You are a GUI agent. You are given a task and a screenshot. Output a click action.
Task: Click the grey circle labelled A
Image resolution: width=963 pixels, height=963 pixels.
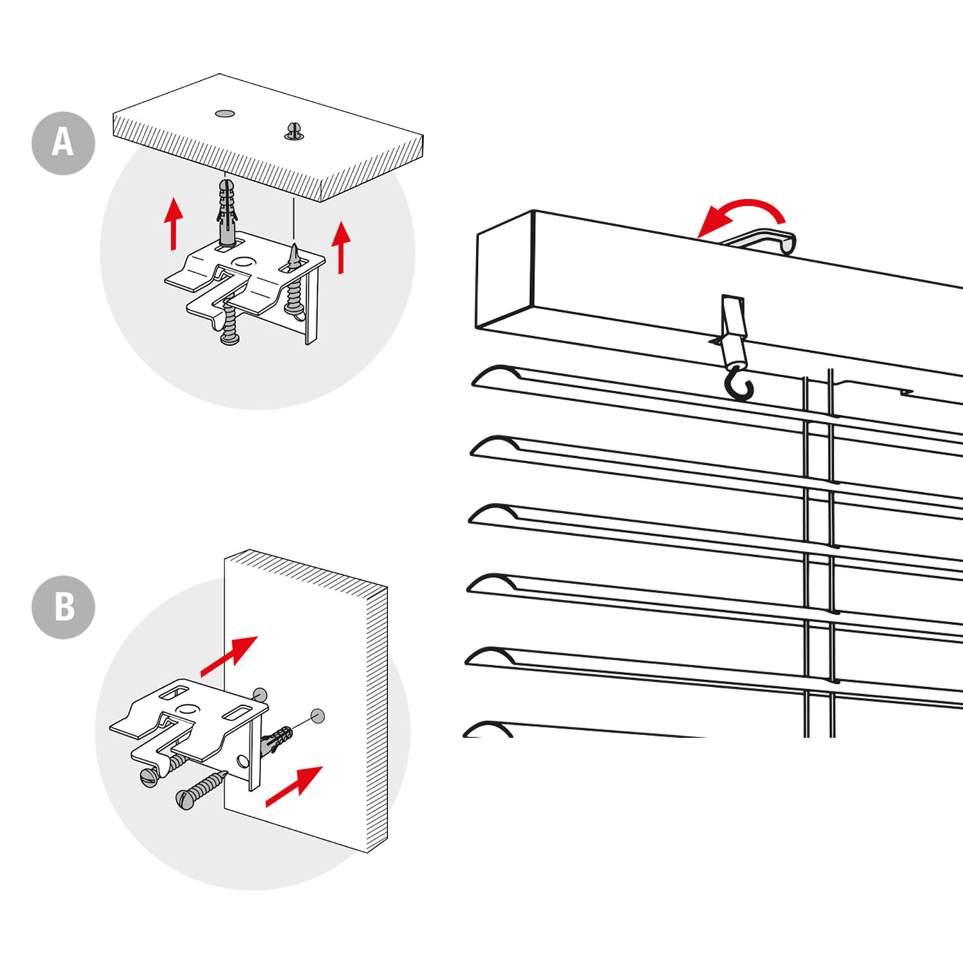[x=63, y=142]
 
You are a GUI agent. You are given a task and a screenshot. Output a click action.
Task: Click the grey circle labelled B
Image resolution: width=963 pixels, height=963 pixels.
[x=63, y=607]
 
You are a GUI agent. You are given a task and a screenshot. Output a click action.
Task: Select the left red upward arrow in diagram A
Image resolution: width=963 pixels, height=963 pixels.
[x=173, y=224]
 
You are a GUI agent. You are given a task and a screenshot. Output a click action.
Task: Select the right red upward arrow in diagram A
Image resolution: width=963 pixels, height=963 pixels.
[x=341, y=246]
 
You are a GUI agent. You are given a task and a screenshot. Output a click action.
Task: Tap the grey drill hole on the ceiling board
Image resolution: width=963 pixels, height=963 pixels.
[x=225, y=114]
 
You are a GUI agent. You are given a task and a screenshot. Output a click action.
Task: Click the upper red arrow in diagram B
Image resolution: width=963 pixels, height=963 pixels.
[x=229, y=656]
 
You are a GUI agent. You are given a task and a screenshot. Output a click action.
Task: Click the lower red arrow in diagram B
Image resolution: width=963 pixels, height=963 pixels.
[x=294, y=786]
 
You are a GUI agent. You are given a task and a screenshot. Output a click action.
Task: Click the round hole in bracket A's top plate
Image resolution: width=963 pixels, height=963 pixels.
[x=243, y=262]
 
